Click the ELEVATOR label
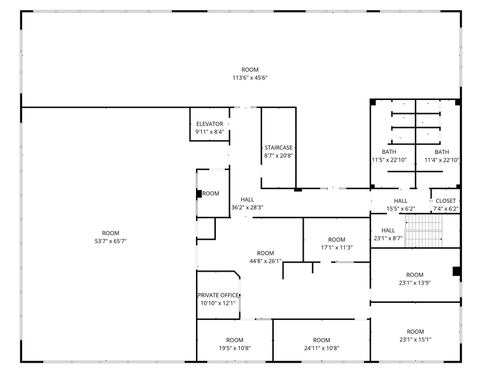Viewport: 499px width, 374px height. coord(209,124)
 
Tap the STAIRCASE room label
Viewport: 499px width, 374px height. coord(279,148)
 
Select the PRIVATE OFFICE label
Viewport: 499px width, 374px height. coord(218,295)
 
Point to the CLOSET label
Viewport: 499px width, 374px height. coord(446,201)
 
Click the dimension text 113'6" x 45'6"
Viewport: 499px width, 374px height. coord(250,78)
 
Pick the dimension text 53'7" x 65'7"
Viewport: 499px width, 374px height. coord(111,241)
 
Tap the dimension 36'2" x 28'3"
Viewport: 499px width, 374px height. coord(247,207)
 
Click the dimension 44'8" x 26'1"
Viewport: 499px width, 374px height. coord(265,261)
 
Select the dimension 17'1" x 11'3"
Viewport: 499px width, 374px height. coord(337,247)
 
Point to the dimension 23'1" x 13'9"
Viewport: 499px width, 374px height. coord(415,282)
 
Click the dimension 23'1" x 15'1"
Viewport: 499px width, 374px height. coord(415,340)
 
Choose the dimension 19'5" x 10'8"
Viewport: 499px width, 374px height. coord(235,349)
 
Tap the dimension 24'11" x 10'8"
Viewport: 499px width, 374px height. coord(321,349)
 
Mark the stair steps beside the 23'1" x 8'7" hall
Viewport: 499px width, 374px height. coord(423,230)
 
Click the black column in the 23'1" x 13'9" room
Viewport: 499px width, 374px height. coord(457,271)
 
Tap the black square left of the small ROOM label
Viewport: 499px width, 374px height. coord(199,193)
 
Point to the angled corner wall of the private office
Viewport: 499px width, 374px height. coord(237,275)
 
